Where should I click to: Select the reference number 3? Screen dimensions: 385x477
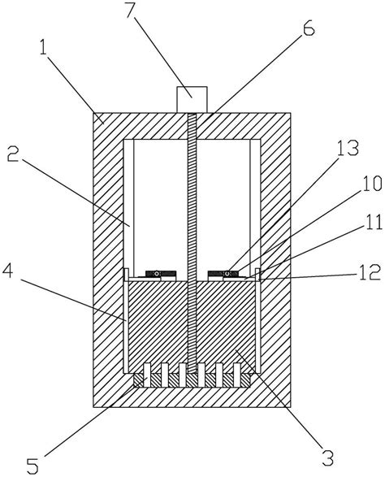coord(328,458)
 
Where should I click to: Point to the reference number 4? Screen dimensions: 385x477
coord(8,271)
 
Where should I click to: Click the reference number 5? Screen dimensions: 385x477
coord(33,466)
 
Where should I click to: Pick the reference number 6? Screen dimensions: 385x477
coord(308,29)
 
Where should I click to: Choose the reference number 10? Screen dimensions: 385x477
coord(372,184)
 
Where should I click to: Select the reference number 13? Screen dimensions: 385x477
coord(348,148)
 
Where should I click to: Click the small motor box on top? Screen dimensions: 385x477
coord(192,99)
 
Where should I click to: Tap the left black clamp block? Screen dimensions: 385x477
coord(161,274)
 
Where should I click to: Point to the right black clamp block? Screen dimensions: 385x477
coord(223,274)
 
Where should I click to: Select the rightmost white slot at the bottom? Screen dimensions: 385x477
coord(237,375)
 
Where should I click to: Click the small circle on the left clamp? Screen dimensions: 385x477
coord(157,274)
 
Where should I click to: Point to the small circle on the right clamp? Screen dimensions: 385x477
coord(227,274)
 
